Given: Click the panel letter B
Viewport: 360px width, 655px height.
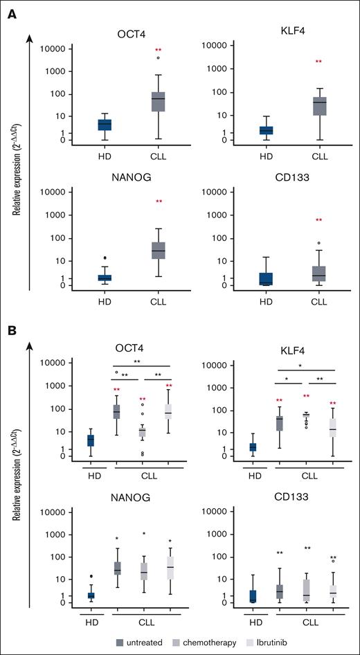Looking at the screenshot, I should (12, 332).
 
